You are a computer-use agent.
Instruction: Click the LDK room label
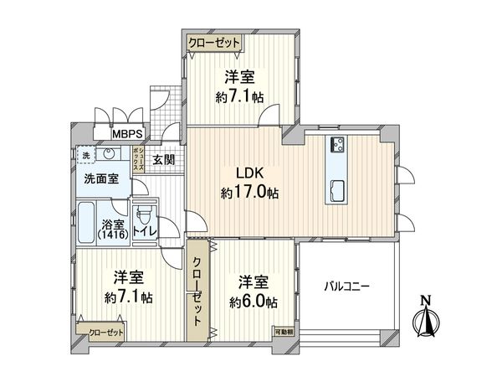coord(250,173)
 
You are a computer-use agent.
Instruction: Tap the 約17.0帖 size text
coord(250,193)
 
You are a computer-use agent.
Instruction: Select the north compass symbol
coord(427,318)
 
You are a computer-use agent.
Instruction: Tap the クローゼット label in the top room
coord(213,42)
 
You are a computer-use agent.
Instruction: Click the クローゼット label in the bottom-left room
coord(106,333)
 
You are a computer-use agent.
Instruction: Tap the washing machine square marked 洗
coord(85,155)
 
